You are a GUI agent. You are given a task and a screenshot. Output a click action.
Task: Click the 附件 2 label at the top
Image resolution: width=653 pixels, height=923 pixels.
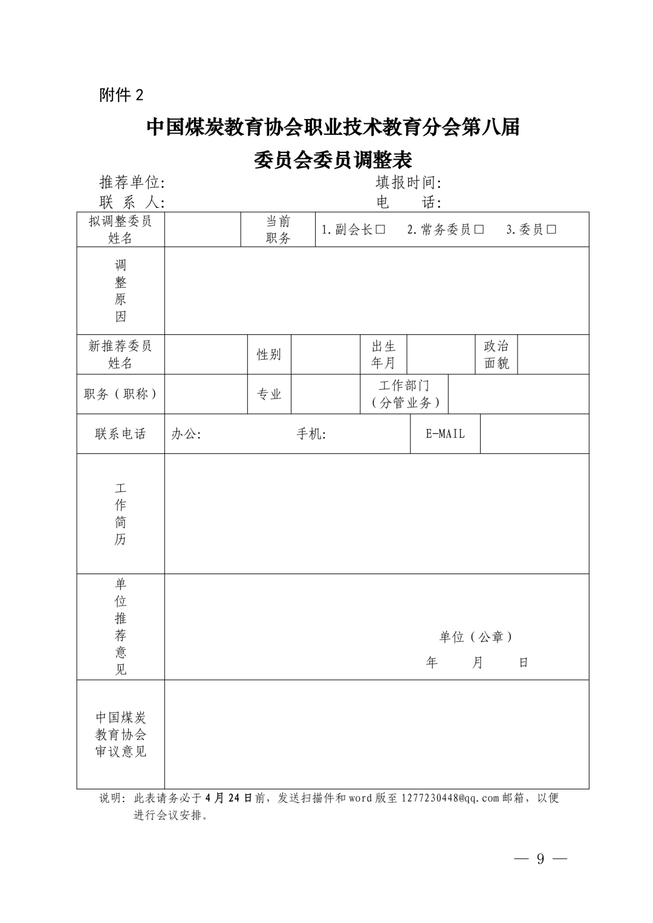(122, 95)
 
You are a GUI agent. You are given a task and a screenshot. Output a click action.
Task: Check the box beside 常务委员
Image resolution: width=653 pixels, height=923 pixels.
(479, 230)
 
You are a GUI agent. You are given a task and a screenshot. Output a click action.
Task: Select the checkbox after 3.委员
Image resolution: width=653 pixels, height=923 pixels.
(551, 230)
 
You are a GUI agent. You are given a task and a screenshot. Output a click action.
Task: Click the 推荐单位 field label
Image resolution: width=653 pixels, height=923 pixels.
(132, 182)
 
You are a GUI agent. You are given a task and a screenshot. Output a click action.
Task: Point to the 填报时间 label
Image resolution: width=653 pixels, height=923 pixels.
(408, 182)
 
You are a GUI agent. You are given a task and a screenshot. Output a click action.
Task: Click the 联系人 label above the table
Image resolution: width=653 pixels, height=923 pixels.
(132, 202)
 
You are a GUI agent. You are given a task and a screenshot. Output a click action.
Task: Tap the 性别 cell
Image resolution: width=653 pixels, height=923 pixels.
(269, 354)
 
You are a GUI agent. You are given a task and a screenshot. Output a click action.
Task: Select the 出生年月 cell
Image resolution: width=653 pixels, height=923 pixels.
(383, 354)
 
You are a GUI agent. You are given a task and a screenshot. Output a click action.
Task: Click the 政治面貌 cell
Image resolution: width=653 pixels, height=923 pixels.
(496, 354)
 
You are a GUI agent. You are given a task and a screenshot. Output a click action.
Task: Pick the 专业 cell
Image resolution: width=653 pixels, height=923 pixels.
(269, 394)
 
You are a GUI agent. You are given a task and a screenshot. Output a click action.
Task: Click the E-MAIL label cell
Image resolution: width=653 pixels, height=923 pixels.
(445, 433)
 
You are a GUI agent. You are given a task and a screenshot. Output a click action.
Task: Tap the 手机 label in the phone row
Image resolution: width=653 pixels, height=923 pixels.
(311, 433)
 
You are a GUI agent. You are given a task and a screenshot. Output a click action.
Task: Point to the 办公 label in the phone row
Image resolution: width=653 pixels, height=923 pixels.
(186, 433)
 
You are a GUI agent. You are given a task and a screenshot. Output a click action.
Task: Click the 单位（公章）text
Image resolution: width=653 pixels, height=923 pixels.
(476, 636)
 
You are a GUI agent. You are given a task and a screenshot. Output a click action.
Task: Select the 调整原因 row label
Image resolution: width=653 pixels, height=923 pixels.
(121, 290)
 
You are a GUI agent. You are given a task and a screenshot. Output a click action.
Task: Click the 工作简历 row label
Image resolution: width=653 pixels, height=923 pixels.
(121, 513)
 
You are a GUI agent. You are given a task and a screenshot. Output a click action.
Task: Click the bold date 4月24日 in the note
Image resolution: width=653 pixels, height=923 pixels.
(229, 798)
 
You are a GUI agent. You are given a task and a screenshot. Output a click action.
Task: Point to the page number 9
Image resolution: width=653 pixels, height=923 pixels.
(540, 859)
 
